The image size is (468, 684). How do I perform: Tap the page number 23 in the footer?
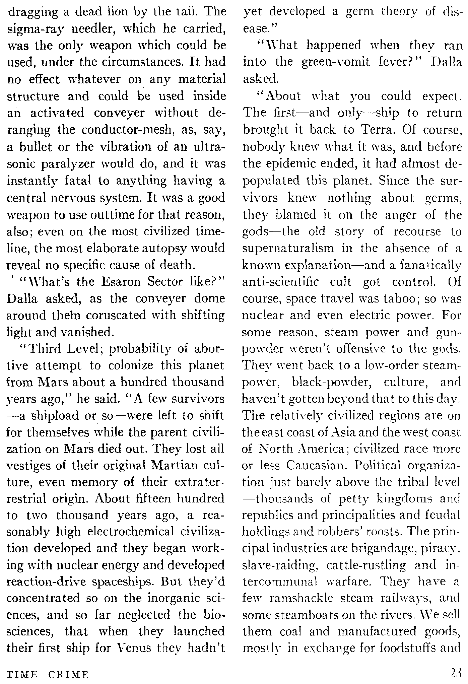click(456, 674)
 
